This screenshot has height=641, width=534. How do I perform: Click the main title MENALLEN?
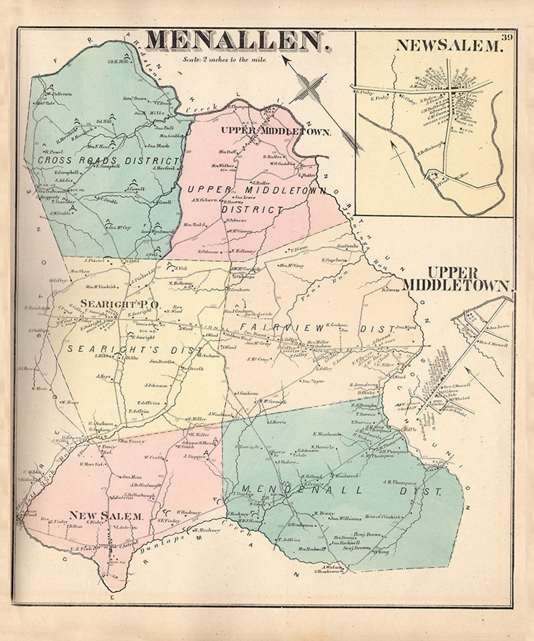coord(237,41)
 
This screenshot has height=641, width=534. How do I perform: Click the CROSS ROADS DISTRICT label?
coord(108,160)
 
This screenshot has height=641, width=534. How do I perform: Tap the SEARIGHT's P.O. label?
coord(120,304)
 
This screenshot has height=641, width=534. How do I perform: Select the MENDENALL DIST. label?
coord(342,491)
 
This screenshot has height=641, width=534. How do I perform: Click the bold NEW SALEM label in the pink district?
coord(106,516)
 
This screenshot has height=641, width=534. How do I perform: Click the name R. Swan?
coord(390,290)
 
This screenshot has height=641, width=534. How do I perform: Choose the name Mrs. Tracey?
coord(132,441)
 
